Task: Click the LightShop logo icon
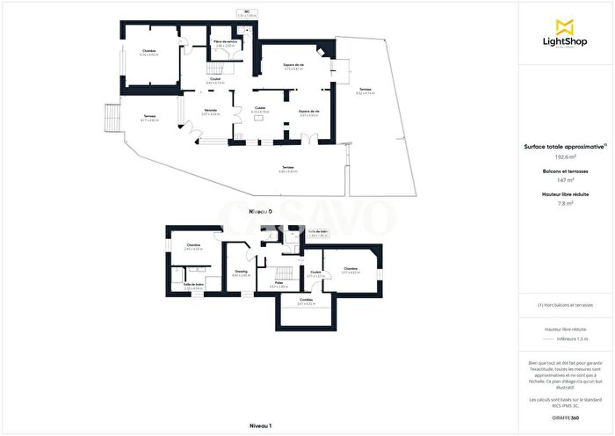(566, 25)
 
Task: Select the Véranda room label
(209, 110)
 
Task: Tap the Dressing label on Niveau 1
(241, 272)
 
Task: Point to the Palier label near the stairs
(279, 282)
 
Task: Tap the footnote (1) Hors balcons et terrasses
(566, 304)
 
